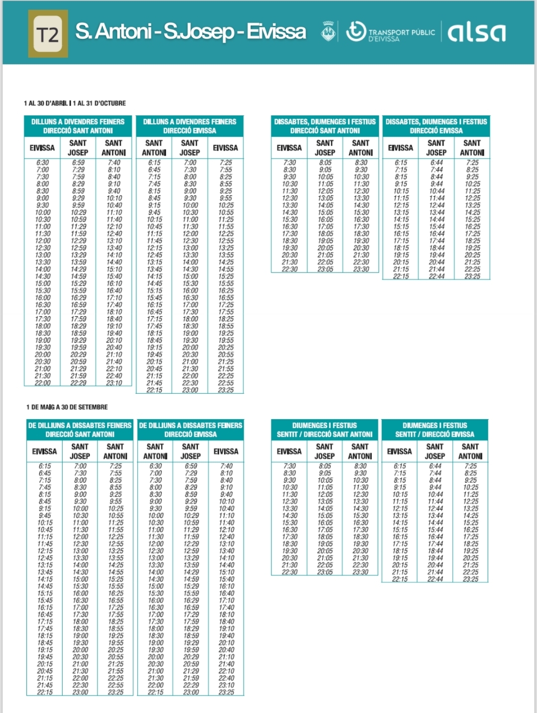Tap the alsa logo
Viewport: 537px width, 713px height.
click(476, 33)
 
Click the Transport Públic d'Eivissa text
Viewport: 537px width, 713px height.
click(401, 34)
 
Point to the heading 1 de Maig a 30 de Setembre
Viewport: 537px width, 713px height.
click(67, 407)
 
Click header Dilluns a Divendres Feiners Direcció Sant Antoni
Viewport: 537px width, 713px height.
click(78, 126)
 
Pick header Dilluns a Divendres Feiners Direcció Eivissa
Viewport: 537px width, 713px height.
click(189, 126)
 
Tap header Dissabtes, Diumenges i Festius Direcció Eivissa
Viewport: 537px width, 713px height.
click(436, 126)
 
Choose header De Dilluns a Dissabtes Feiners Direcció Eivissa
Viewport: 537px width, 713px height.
click(190, 430)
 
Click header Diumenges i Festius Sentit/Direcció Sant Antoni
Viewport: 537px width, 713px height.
click(325, 430)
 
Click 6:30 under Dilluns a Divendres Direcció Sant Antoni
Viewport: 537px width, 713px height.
click(43, 163)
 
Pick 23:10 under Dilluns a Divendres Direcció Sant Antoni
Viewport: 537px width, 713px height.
click(114, 383)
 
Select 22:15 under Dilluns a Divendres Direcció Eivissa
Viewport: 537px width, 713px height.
click(154, 390)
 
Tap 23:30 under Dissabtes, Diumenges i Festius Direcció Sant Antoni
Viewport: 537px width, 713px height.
click(361, 269)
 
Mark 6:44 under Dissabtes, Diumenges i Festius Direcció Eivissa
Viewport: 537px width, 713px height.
click(437, 163)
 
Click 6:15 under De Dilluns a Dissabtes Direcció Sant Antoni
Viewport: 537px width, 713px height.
click(45, 466)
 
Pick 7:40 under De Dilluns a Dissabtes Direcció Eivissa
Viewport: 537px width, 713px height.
click(226, 466)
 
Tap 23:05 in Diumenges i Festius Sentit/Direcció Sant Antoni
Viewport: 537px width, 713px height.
click(325, 572)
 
